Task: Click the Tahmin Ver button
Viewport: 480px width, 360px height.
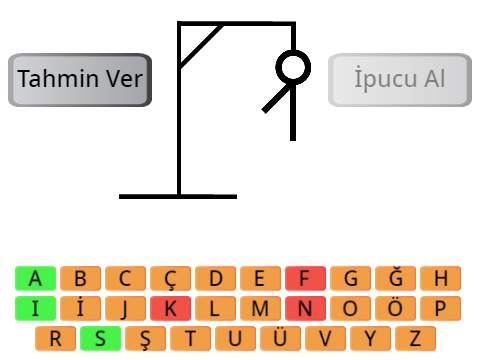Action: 80,80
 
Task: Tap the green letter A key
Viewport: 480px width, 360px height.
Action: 35,278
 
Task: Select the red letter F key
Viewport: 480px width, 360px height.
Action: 305,278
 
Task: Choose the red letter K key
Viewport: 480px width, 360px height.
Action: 170,308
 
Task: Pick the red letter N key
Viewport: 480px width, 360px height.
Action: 305,308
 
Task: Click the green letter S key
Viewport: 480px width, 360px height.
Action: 100,338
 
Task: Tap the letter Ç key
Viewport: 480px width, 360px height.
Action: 170,278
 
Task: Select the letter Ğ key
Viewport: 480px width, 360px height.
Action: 395,278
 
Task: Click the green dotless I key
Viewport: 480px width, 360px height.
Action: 35,308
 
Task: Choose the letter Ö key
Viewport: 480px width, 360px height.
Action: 395,308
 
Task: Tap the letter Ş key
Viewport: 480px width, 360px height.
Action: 145,338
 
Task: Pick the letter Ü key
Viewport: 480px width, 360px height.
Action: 280,338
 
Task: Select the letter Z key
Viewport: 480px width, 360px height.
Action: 415,338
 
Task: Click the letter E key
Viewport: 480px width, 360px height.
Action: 260,278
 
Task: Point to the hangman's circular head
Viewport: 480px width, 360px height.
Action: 293,53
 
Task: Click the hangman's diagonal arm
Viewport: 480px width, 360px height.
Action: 276,99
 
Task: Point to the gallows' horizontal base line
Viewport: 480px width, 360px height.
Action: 178,197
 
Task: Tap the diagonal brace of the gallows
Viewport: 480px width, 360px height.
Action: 201,46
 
